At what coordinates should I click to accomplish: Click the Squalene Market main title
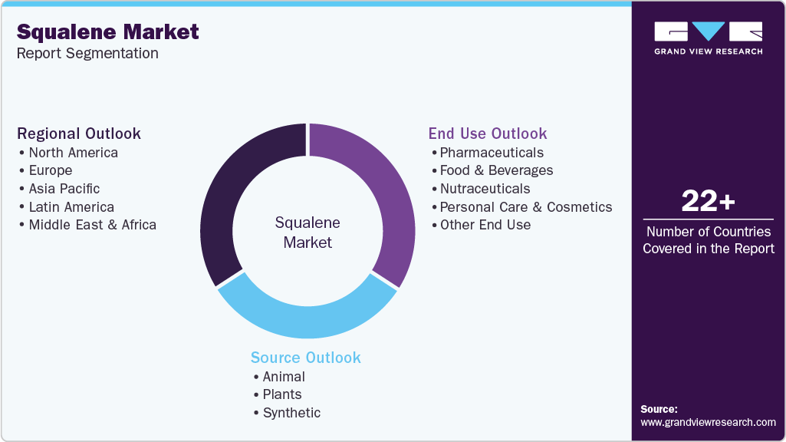[x=107, y=31]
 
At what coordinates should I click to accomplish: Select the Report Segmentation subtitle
[x=87, y=54]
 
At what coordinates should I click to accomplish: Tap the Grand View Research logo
[x=708, y=38]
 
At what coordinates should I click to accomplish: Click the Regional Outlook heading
[x=79, y=134]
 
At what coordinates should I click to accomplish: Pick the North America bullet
[x=73, y=153]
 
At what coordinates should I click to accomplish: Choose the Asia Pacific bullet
[x=64, y=189]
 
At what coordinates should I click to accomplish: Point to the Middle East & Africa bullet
[x=92, y=225]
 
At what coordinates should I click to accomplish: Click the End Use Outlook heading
[x=488, y=134]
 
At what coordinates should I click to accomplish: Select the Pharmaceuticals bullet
[x=491, y=153]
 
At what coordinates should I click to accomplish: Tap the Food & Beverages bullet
[x=496, y=170]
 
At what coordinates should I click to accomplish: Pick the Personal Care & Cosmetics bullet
[x=525, y=207]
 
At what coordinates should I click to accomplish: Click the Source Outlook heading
[x=305, y=358]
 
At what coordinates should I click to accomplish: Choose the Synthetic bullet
[x=291, y=413]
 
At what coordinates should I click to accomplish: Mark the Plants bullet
[x=281, y=394]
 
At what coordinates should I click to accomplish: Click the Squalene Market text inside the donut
[x=307, y=233]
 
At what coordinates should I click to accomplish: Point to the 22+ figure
[x=708, y=202]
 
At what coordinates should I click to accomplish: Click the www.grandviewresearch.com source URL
[x=708, y=422]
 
